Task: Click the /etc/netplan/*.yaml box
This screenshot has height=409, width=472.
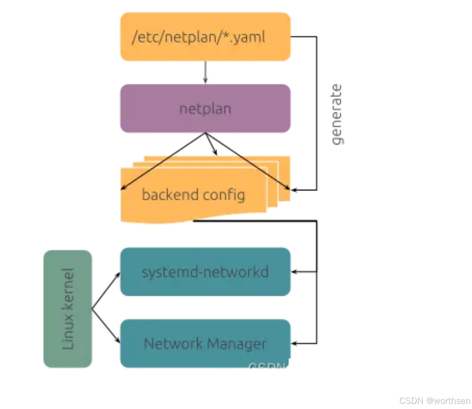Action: (205, 37)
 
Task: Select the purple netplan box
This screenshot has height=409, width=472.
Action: (205, 109)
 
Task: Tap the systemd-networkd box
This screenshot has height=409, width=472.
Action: (205, 272)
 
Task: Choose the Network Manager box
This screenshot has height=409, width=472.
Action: (205, 343)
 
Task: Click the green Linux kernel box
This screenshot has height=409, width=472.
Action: (68, 309)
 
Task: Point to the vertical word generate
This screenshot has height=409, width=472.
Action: (336, 114)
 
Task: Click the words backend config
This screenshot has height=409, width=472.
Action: (193, 195)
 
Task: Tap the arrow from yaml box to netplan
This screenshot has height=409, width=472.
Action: (205, 73)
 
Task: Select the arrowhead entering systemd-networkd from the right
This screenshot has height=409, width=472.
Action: (294, 272)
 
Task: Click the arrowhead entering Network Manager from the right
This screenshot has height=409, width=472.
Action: (294, 343)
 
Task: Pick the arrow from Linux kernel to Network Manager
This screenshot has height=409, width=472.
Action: (106, 326)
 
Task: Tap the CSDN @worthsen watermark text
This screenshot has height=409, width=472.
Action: (434, 401)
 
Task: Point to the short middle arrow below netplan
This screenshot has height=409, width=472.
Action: (212, 146)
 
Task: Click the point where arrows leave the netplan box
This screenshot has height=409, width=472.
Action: (205, 133)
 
